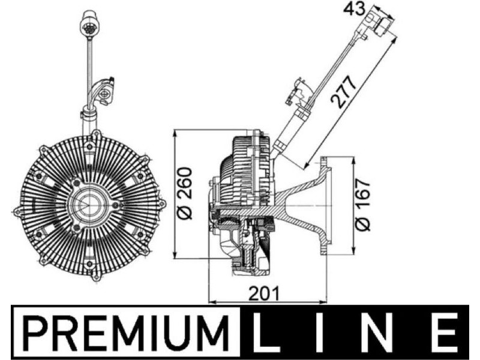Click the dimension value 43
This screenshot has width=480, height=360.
[354, 10]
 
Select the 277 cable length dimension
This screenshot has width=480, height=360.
[345, 92]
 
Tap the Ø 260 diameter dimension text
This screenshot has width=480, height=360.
[185, 193]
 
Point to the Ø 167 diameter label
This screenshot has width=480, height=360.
[362, 205]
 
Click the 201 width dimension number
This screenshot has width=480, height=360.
[264, 293]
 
